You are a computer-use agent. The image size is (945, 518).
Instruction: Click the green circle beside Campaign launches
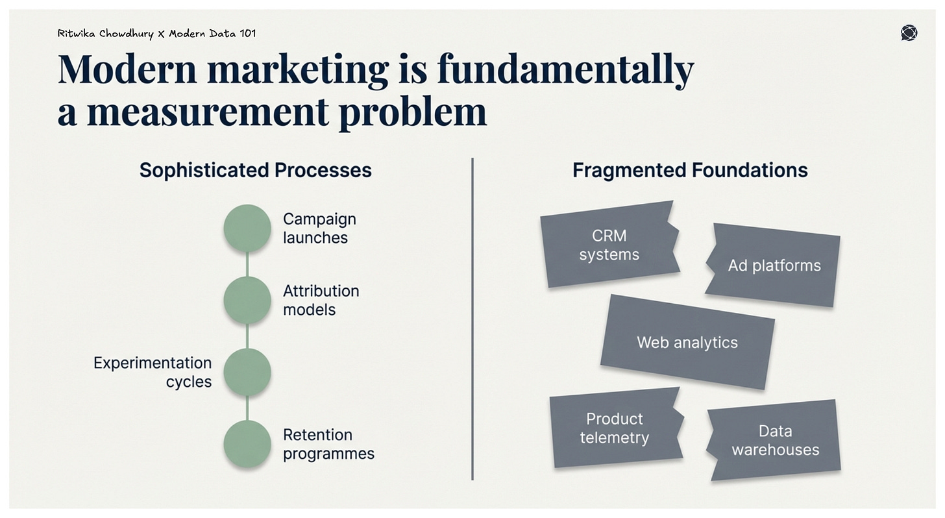pos(247,228)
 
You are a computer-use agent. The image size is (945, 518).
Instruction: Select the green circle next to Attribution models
pos(247,300)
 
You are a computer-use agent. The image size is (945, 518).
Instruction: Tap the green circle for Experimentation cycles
pos(247,372)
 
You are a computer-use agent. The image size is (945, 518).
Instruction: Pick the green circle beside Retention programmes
pos(247,444)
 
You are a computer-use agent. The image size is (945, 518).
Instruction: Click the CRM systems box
pos(609,245)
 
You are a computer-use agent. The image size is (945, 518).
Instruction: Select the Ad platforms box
pos(774,265)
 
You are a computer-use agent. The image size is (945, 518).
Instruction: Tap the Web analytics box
pos(687,342)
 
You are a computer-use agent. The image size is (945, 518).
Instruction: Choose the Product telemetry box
pos(615,428)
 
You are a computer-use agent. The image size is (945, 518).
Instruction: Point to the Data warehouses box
pos(775,440)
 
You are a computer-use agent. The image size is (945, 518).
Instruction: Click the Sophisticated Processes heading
pos(255,170)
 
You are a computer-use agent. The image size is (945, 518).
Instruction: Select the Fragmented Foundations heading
pos(690,170)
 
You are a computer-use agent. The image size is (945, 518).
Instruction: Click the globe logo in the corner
pos(909,33)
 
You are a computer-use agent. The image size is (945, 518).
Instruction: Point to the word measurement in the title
pos(208,112)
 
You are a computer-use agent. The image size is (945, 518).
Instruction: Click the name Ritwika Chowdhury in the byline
pos(105,33)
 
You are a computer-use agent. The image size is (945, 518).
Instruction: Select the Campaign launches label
pos(319,228)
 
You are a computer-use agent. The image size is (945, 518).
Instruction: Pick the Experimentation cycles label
pos(153,372)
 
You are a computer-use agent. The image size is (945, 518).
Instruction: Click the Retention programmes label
pos(328,444)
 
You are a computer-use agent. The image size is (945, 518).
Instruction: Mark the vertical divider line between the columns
pos(472,318)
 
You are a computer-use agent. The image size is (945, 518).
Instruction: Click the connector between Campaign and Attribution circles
pos(247,264)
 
